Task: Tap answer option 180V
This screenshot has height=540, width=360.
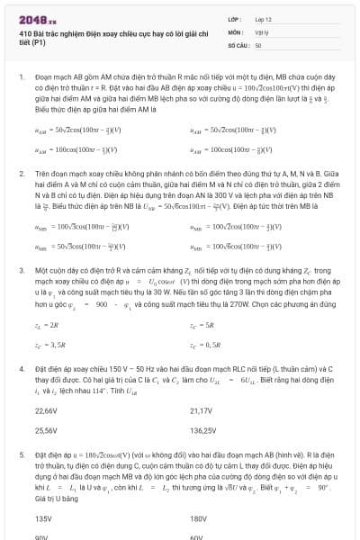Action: click(198, 518)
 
